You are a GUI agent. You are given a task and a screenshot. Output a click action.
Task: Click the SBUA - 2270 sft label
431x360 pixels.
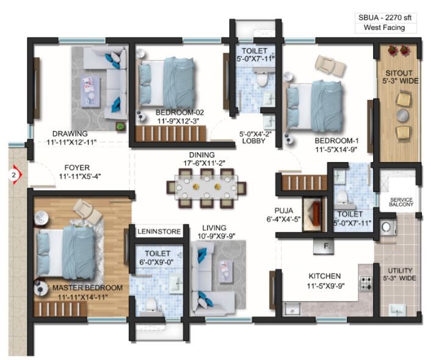point(385,18)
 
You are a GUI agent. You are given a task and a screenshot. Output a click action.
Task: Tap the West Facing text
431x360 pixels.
point(384,27)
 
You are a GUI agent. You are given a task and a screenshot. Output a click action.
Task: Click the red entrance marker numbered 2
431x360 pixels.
point(15,175)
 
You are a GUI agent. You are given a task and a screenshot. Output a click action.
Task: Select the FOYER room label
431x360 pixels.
point(77,168)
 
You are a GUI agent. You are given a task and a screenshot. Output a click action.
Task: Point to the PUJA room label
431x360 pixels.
point(283,211)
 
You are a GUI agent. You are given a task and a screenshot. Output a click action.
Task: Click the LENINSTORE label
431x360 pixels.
point(159,231)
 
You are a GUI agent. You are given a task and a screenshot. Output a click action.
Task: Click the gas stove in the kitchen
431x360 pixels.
point(366,283)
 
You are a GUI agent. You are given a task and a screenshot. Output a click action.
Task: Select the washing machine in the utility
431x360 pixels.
point(386,227)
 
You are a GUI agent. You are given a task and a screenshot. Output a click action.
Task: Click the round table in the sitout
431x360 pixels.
point(403,116)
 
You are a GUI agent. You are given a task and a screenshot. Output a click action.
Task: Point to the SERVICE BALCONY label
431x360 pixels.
point(401,202)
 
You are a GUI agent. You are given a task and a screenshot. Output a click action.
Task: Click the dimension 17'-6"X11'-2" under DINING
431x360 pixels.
point(204,163)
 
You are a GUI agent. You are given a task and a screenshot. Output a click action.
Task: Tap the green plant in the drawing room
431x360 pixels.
point(120,126)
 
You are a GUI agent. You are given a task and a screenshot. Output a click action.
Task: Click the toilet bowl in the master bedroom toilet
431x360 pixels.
point(151,305)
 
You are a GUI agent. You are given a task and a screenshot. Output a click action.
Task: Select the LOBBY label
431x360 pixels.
point(254,141)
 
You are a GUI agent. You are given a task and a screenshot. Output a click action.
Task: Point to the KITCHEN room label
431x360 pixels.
point(325,276)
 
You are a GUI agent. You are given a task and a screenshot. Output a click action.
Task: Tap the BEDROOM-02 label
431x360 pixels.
point(180,112)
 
